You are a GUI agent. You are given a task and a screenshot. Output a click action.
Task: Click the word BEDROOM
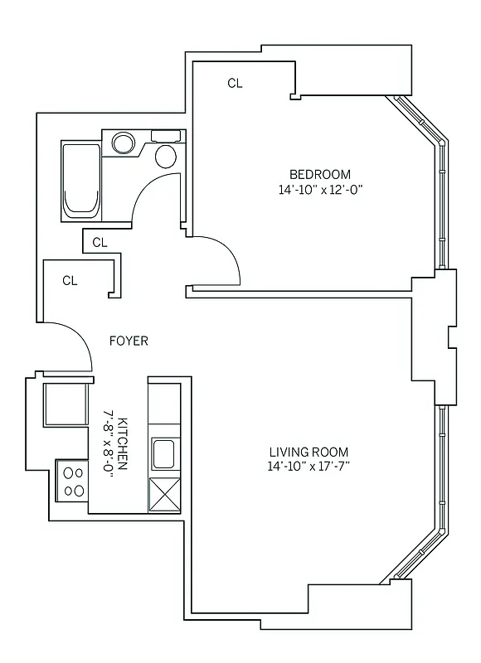(319, 174)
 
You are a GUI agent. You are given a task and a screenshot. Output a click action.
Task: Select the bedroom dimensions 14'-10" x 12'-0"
(320, 189)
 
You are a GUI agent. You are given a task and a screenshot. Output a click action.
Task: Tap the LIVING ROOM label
(309, 452)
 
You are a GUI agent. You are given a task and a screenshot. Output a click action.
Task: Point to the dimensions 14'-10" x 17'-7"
(309, 467)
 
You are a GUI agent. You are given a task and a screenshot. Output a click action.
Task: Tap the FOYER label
(129, 341)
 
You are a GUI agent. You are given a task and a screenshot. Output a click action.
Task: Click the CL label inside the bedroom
(235, 83)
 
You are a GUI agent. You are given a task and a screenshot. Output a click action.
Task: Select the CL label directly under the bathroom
(100, 243)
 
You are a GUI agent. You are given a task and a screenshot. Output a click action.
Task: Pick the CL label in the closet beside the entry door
(70, 280)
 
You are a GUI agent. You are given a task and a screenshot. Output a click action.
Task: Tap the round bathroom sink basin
(124, 143)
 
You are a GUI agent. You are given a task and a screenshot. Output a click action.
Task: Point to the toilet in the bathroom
(167, 152)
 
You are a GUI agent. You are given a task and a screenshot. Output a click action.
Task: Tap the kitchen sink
(163, 453)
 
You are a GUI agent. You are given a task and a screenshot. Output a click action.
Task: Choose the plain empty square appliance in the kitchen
(65, 405)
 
